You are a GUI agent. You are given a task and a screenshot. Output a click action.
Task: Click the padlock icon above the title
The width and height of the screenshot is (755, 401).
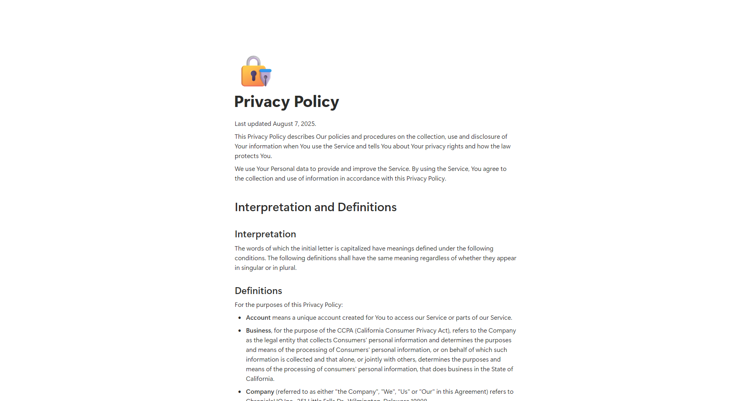click(256, 72)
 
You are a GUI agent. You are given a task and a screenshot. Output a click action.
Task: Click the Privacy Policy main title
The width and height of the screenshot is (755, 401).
click(286, 102)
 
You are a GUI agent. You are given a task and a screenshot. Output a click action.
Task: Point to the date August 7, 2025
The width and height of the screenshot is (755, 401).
click(294, 124)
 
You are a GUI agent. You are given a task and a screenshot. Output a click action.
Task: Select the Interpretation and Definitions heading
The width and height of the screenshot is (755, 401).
click(315, 207)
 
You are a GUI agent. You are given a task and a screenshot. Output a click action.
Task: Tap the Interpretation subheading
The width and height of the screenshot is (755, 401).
click(265, 234)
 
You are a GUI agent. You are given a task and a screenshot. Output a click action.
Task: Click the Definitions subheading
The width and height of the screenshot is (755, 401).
click(258, 291)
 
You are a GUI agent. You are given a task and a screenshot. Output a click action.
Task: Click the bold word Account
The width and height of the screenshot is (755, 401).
click(258, 318)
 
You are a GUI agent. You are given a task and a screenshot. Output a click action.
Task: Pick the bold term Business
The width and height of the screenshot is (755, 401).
click(258, 331)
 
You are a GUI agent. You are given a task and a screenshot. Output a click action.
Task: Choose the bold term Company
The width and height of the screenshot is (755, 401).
click(260, 392)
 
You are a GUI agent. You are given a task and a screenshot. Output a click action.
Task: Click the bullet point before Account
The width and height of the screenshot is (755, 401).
click(240, 318)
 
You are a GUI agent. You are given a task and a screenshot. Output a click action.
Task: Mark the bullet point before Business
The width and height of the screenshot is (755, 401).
click(240, 331)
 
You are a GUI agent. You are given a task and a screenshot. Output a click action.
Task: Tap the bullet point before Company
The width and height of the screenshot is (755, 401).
click(240, 392)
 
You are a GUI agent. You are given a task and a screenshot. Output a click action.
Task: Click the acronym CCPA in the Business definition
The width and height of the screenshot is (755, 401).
click(345, 331)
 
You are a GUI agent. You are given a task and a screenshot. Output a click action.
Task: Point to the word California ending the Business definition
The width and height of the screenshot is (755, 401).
click(259, 379)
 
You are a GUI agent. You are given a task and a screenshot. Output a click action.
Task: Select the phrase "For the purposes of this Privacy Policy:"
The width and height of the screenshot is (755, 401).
click(288, 305)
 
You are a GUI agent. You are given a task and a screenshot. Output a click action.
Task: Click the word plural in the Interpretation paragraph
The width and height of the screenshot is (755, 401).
click(287, 268)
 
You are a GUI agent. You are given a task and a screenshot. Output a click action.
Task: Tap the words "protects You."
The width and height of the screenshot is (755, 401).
click(253, 156)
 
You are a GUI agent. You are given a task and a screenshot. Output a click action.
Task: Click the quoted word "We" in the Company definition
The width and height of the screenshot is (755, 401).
click(388, 392)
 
